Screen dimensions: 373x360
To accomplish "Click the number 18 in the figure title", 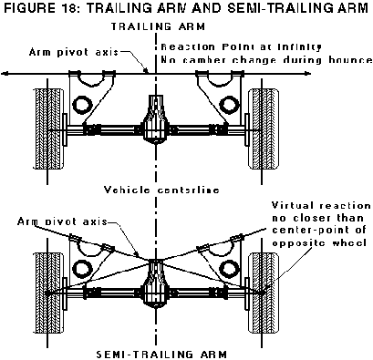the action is click(69, 8).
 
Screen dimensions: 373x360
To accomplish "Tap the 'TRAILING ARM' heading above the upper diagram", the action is click(159, 26).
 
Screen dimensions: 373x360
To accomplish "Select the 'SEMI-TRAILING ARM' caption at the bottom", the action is click(161, 355).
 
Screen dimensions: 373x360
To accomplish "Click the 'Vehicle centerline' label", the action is click(161, 190).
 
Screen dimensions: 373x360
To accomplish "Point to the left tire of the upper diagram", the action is click(48, 129).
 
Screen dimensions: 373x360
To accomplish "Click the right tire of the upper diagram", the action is click(264, 129).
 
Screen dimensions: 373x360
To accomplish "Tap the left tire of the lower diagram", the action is click(48, 293).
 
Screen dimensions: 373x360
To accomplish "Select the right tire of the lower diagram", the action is click(264, 293).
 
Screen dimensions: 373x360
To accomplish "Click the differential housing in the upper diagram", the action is click(156, 119).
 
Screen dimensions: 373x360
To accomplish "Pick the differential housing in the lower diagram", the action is click(156, 283).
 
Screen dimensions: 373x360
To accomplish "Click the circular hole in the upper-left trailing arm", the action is click(81, 104).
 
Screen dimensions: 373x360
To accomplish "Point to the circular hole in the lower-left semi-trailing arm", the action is click(80, 269).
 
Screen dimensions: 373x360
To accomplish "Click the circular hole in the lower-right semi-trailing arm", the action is click(228, 269).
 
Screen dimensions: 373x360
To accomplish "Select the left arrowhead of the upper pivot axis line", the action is click(4, 73).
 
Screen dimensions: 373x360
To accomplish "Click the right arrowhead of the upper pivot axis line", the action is click(308, 73).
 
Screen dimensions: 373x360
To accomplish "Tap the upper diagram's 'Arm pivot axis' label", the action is click(74, 52).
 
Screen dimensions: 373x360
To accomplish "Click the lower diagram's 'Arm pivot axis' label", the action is click(62, 221).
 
